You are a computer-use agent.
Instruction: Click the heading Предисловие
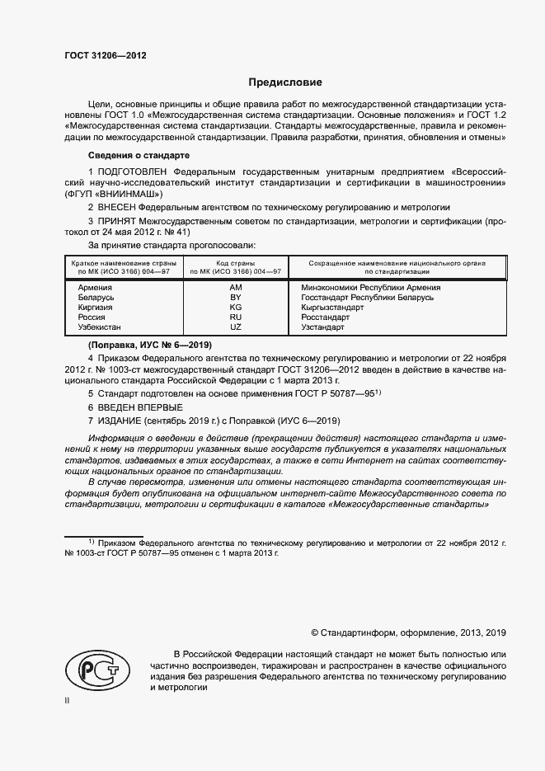285,82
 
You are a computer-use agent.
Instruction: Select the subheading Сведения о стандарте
139,155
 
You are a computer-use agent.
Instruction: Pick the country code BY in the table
235,297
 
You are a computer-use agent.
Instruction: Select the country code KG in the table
235,307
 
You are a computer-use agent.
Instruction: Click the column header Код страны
235,262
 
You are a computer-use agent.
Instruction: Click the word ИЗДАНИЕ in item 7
121,421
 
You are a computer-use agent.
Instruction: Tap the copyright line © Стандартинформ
408,632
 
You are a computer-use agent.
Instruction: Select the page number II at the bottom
68,699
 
